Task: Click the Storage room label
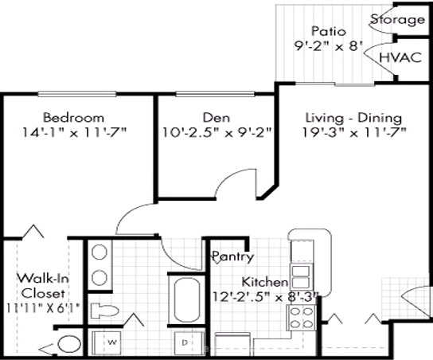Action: tap(397, 20)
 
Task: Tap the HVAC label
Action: tap(400, 57)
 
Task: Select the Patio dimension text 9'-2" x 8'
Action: tap(329, 46)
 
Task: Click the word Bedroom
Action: tap(73, 117)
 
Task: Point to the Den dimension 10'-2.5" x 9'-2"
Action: tap(216, 133)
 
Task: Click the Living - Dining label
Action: tap(353, 118)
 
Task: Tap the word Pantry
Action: tap(232, 256)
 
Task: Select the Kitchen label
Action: tap(264, 282)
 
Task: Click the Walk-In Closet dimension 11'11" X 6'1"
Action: tap(43, 308)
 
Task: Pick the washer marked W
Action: tap(106, 342)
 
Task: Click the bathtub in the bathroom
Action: tap(187, 299)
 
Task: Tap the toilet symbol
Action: tap(104, 311)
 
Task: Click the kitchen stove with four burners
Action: tap(302, 318)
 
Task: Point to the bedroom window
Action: tap(76, 94)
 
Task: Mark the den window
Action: tap(215, 94)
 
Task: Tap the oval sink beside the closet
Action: tap(69, 344)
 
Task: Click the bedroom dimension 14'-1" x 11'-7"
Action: tap(74, 133)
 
